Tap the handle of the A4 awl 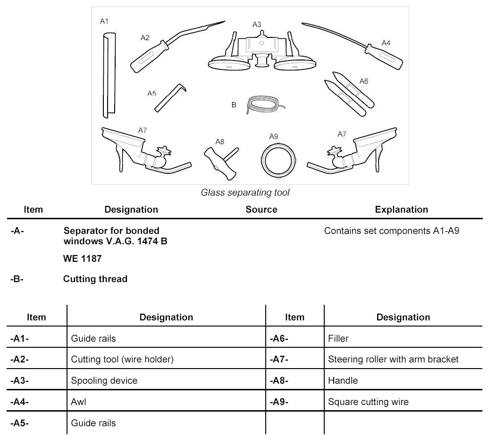386,57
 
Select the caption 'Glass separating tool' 245,192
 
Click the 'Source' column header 261,209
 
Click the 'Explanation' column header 401,209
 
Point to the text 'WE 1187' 83,259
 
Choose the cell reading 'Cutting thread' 95,279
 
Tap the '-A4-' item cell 19,402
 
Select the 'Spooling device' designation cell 97,380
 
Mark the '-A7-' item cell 279,359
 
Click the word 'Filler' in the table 338,338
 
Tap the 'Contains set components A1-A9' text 392,232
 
